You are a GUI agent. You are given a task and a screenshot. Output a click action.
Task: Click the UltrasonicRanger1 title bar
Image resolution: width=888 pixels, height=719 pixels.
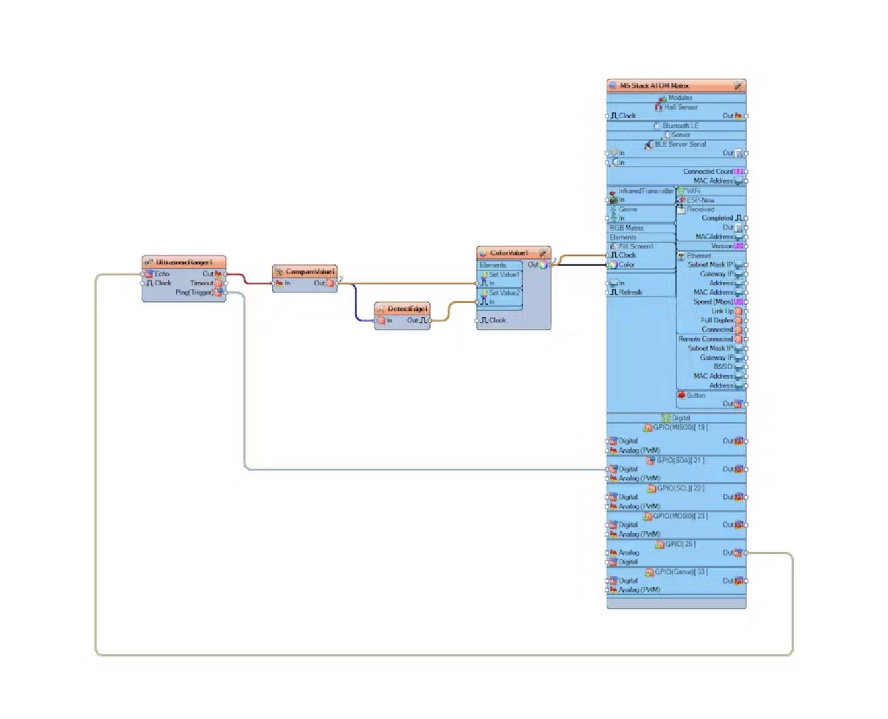tap(184, 262)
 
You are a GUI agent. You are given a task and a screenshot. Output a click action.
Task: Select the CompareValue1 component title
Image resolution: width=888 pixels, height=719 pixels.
tap(310, 272)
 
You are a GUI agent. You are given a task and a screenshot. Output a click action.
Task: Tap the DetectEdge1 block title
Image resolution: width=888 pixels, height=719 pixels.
tap(407, 309)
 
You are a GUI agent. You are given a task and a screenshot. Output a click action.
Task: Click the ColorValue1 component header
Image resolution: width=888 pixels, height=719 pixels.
tap(509, 253)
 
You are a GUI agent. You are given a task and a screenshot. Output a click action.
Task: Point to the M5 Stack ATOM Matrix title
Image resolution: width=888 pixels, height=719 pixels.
tap(654, 86)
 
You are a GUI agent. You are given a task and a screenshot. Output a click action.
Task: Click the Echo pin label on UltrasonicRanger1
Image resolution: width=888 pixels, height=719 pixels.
tap(162, 274)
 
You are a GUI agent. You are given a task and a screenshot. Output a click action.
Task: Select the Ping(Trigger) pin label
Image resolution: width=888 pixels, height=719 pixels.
tap(194, 292)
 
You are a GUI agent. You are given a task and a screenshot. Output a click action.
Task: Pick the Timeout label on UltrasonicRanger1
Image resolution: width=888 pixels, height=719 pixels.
tap(202, 283)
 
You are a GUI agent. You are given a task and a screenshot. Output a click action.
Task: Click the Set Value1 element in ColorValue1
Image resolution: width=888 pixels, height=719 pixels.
tap(504, 274)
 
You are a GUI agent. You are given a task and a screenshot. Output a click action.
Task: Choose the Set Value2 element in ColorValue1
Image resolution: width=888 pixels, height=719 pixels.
tap(504, 293)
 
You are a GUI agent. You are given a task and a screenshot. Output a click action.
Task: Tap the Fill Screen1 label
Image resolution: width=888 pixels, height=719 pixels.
tap(636, 246)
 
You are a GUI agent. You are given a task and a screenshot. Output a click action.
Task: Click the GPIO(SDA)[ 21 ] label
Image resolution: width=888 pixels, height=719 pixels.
tap(680, 460)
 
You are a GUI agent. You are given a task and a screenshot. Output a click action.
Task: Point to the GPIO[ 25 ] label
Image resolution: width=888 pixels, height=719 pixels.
tap(680, 544)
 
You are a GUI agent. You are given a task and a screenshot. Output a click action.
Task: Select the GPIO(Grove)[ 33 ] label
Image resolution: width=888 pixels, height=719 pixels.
tap(681, 572)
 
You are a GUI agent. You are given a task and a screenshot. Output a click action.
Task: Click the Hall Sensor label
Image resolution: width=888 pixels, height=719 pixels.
tap(681, 107)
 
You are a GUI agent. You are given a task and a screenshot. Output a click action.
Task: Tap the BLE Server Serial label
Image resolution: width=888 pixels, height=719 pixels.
tap(680, 144)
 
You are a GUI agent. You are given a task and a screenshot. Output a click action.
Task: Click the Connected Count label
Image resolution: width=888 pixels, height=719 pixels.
tap(708, 172)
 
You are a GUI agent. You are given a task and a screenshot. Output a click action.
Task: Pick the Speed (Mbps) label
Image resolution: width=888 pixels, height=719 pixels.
tap(713, 301)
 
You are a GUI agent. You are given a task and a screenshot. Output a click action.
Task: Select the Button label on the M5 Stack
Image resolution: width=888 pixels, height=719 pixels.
tap(696, 395)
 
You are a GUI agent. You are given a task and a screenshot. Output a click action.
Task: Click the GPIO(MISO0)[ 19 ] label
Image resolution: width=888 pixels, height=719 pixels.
tap(680, 428)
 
